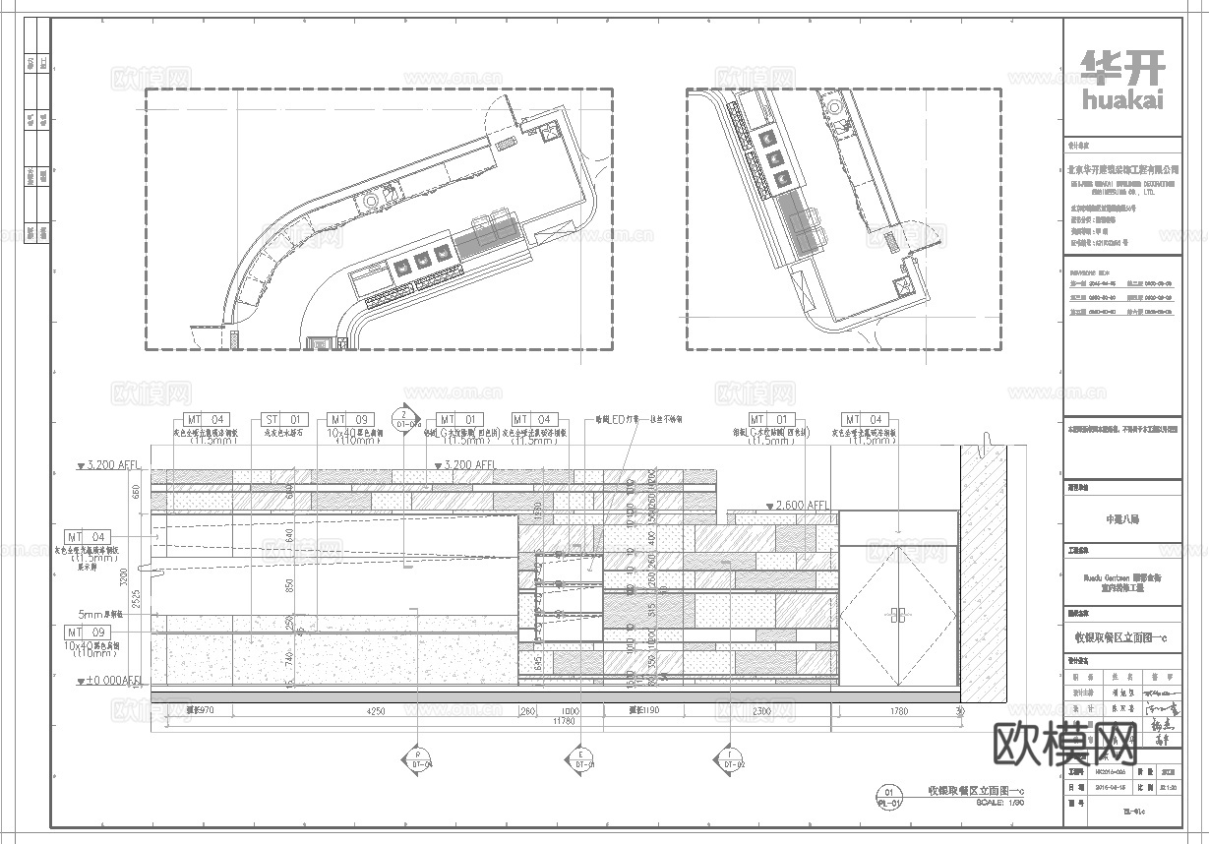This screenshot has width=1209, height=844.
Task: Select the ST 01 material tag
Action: (284, 420)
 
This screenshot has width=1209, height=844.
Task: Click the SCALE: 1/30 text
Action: (999, 804)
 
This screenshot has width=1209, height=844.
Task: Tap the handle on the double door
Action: (896, 618)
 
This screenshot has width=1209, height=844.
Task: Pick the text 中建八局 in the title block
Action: (1122, 518)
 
